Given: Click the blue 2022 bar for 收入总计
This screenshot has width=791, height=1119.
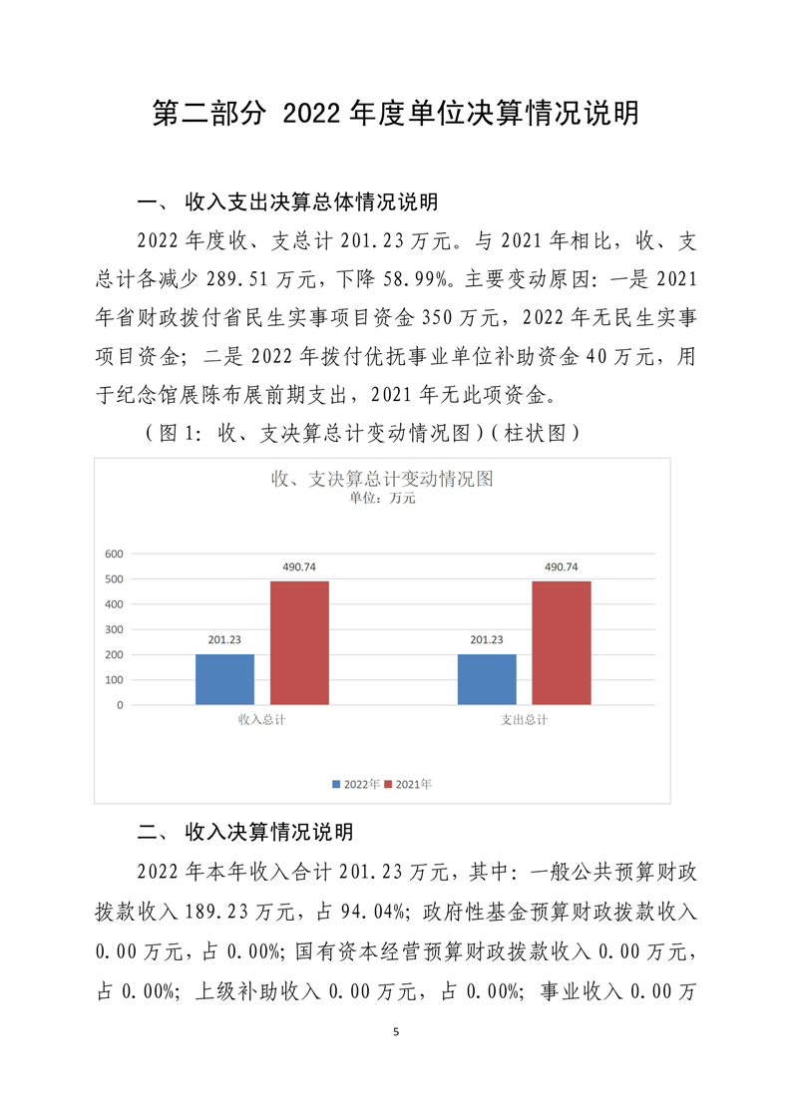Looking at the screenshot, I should pos(224,679).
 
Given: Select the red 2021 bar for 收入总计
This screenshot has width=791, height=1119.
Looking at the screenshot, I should pos(299,642).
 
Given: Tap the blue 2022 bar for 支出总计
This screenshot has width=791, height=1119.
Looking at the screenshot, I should pos(487,679).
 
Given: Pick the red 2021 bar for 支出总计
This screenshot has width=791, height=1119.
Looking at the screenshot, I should pos(562,642).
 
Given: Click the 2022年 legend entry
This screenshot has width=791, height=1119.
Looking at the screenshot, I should pos(356,785).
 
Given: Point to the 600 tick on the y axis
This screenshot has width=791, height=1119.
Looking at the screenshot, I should pos(114,554).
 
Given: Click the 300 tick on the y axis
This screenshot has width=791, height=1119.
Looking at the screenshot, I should pos(114,629).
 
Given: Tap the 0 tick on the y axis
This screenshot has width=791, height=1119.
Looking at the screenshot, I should pos(120,705).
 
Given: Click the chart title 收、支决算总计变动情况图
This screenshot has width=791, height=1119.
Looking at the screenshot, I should pos(382,479).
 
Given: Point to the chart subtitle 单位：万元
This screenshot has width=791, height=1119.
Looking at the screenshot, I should pos(382,499).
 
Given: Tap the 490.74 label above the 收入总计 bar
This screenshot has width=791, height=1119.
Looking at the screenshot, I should pos(299,567).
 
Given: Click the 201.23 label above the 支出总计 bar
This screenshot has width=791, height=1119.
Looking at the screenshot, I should pos(487,640).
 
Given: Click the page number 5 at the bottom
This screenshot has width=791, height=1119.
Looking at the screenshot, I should pos(396,1031).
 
